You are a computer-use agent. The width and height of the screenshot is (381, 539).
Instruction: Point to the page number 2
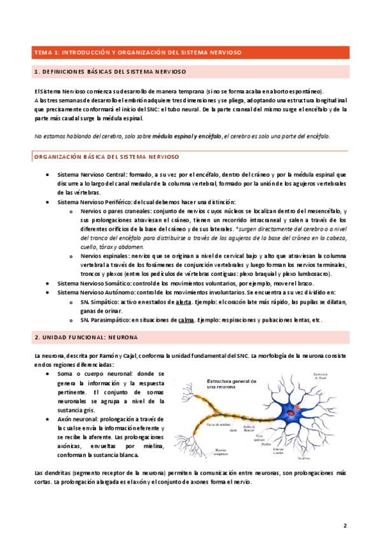pos(344,525)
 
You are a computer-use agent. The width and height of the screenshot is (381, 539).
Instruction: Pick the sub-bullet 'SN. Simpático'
pos(99,303)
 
